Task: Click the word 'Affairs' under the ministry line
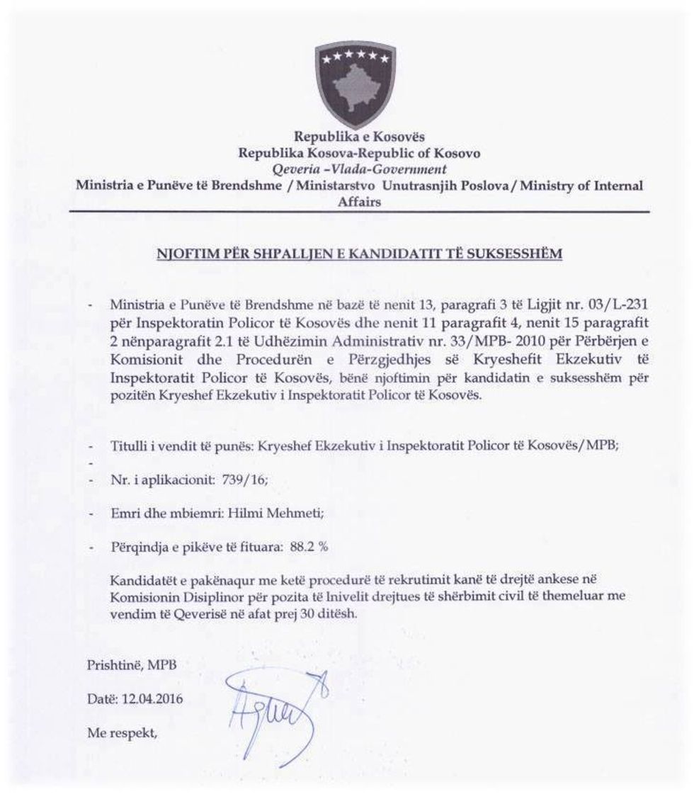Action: point(360,202)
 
